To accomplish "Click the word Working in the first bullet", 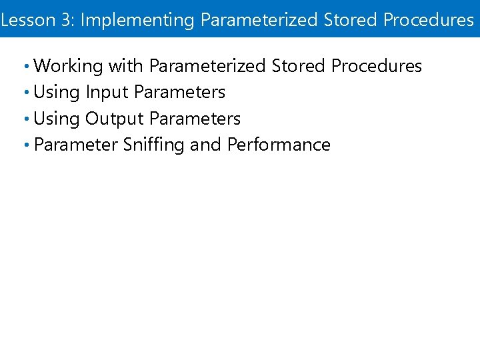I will point(68,66).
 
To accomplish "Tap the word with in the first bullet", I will point(126,66).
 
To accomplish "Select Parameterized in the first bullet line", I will point(209,66).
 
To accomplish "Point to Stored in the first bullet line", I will point(299,66).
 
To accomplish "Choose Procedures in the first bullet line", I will point(377,66).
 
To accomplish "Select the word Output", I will point(115,119).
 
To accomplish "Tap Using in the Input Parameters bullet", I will point(57,92).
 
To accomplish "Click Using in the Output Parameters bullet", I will point(57,119).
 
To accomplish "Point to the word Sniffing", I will point(154,145).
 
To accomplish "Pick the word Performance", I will point(279,145).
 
